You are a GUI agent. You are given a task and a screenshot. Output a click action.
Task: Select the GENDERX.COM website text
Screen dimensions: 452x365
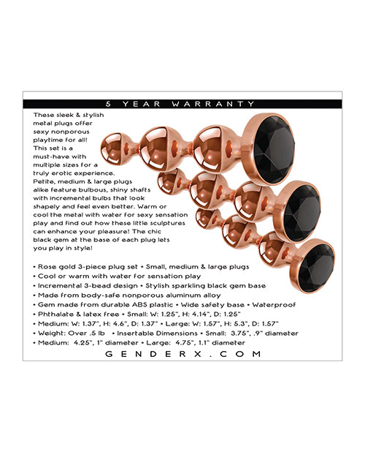[182, 353]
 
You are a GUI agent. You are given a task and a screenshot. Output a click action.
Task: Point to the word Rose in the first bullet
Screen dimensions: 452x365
[43, 267]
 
